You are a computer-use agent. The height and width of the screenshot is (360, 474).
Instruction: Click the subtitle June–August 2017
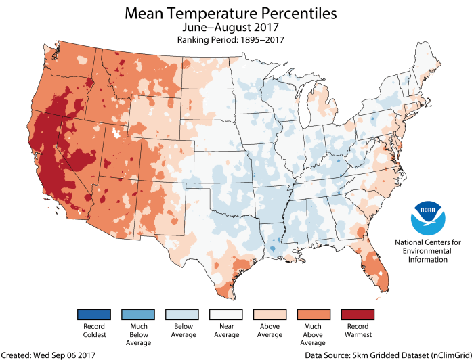[x=237, y=28]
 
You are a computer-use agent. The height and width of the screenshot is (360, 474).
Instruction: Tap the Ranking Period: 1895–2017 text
[x=237, y=41]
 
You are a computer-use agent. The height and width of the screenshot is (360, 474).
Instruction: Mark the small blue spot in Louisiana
[x=272, y=250]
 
